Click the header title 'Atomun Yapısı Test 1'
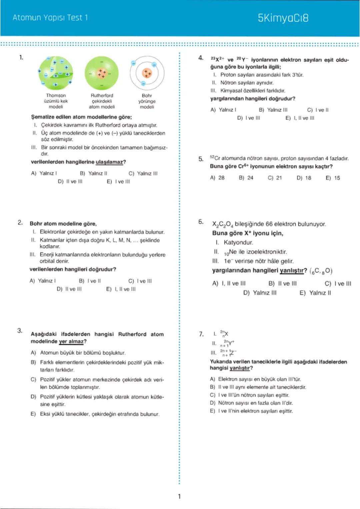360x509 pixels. pos(50,18)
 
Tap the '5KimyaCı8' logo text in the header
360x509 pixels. pos(283,18)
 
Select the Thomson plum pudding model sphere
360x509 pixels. pos(56,73)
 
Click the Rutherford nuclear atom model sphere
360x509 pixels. pos(102,73)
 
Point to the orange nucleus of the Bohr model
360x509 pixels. pos(147,73)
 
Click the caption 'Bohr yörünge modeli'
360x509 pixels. pos(147,101)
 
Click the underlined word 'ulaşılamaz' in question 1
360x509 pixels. pos(109,162)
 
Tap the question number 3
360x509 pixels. pos(20,331)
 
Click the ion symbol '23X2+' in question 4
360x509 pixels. pos(217,59)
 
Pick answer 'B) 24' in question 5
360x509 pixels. pos(246,178)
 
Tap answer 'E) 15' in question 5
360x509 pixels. pos(333,178)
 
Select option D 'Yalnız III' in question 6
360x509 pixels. pos(260,293)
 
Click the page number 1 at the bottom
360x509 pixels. pos(179,496)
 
